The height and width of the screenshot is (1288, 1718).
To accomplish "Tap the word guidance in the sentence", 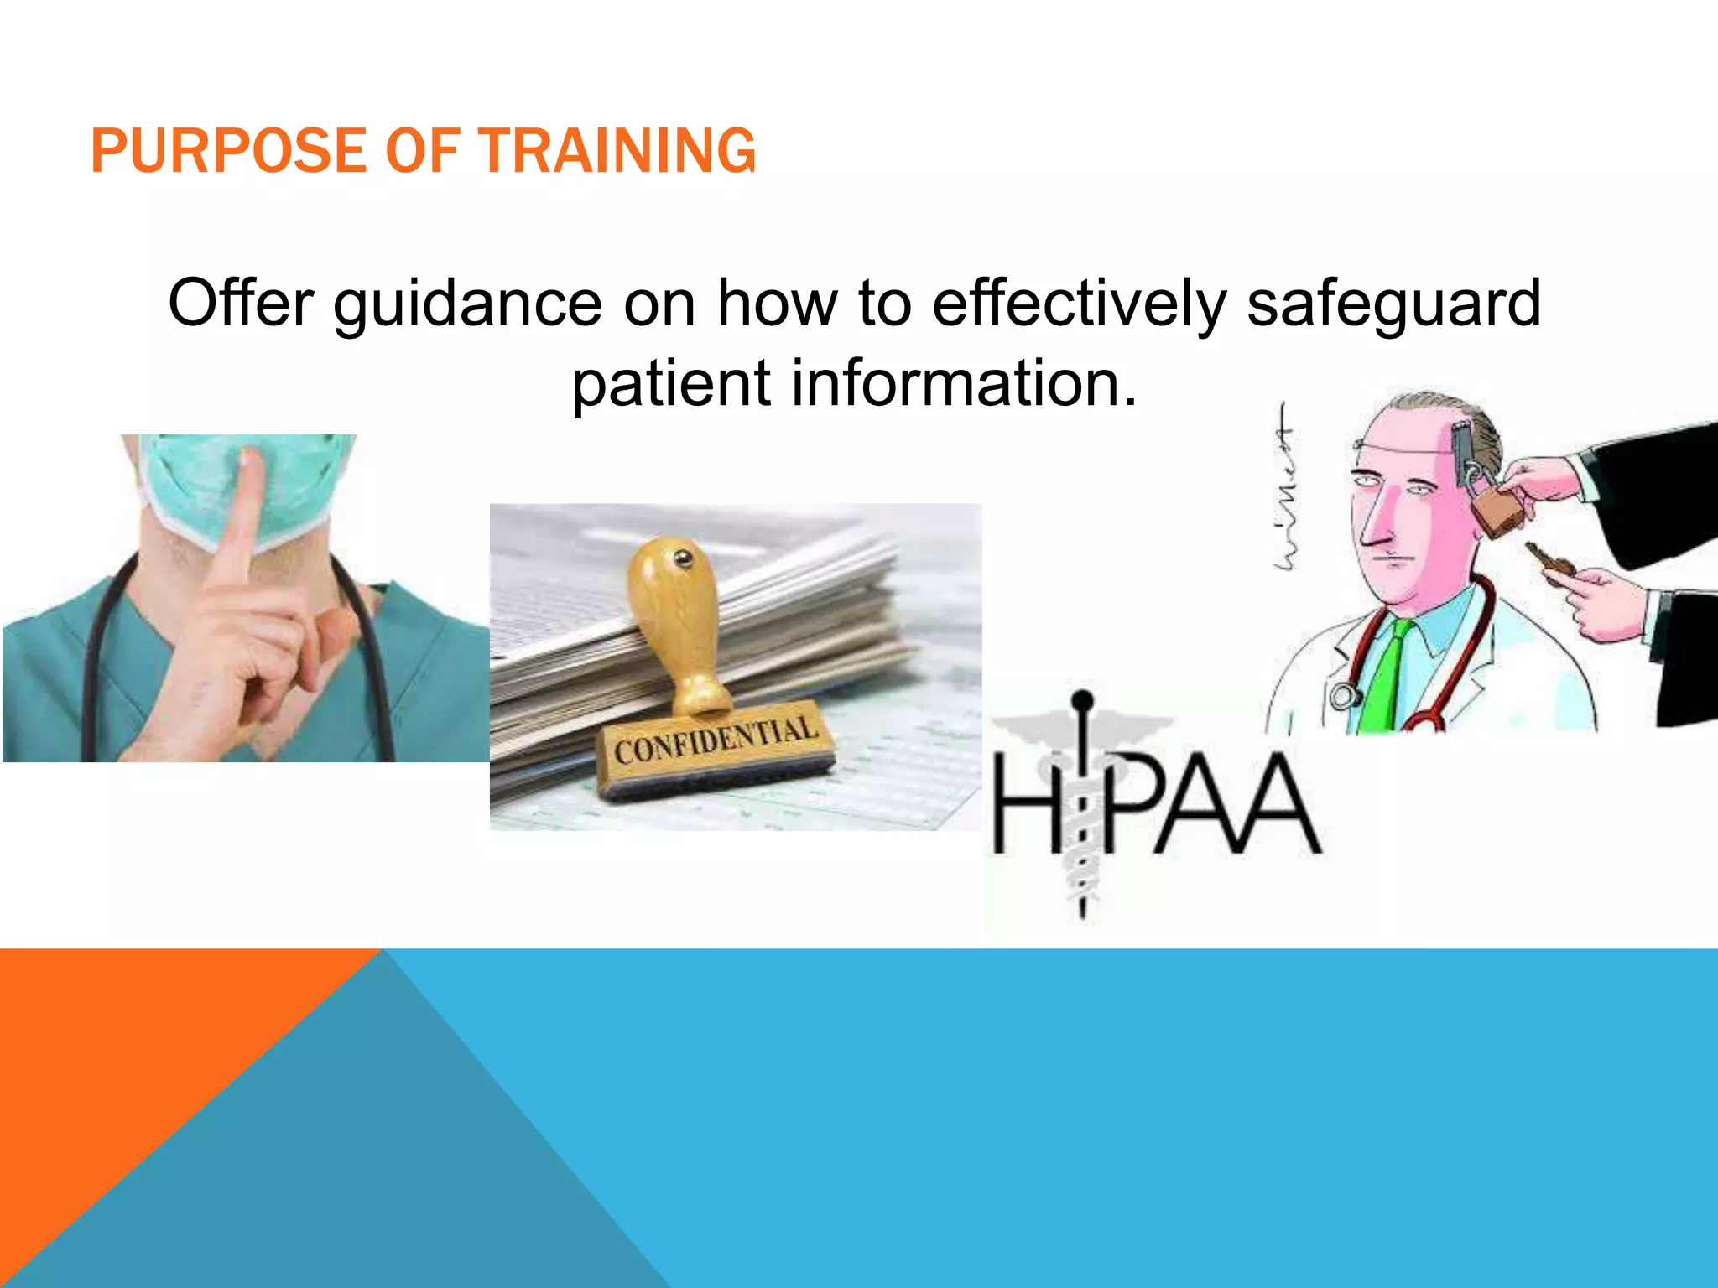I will pyautogui.click(x=467, y=304).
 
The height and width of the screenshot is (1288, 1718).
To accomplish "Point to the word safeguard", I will pyautogui.click(x=1393, y=304).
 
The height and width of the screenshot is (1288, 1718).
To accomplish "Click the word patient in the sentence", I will pyautogui.click(x=671, y=383).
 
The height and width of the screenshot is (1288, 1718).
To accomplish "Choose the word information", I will pyautogui.click(x=965, y=383).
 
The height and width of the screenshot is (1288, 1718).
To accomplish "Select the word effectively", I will pyautogui.click(x=1079, y=304).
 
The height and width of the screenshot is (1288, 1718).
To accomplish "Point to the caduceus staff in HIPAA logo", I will pyautogui.click(x=1083, y=805).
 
